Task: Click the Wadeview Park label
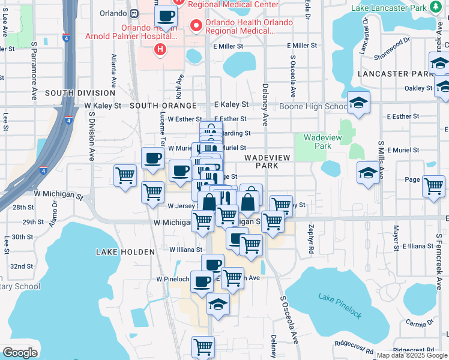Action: click(318, 142)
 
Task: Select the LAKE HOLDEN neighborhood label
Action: click(119, 252)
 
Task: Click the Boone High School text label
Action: click(313, 106)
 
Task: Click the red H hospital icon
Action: click(159, 49)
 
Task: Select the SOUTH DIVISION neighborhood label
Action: click(79, 93)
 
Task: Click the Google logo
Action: click(20, 353)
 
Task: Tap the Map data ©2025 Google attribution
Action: click(411, 355)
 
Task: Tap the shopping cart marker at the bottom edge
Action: click(203, 347)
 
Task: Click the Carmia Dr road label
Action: click(419, 323)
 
